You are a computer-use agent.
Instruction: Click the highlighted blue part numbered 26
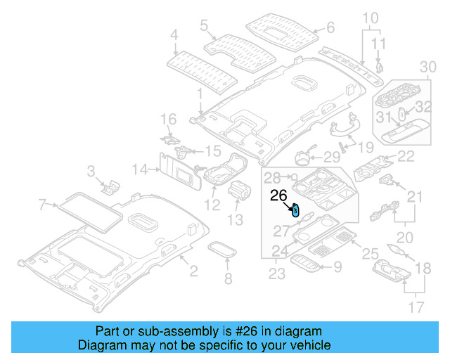point(296,210)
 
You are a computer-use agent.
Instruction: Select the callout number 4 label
point(174,34)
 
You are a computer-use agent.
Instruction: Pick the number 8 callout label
point(227,280)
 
